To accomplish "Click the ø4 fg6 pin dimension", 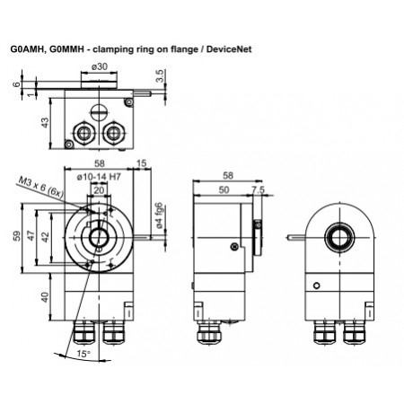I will click(158, 215).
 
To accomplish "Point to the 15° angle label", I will click(83, 355).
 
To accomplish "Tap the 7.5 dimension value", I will click(259, 190).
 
